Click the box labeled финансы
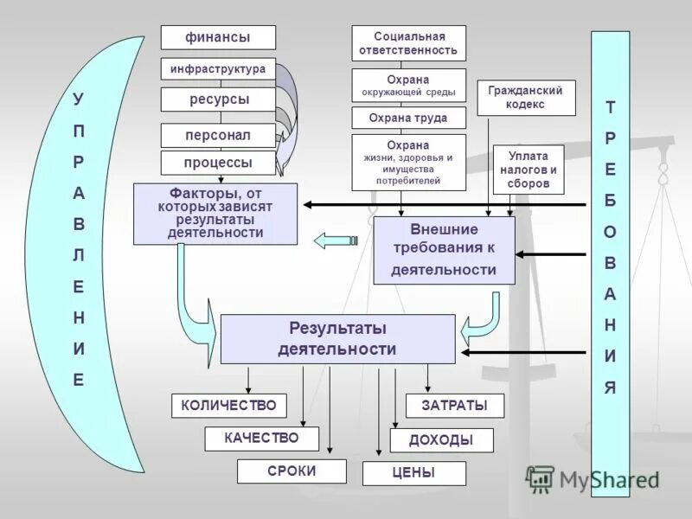(218, 37)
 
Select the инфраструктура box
(218, 68)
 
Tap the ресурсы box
(218, 99)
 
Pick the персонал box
(218, 136)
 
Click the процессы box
(218, 163)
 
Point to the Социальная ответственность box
(408, 43)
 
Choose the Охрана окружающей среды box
(408, 86)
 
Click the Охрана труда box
(408, 118)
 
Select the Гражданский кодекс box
(525, 97)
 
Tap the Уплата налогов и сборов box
(528, 170)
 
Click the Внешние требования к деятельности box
(444, 250)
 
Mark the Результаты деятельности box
(337, 339)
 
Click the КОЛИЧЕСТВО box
(228, 405)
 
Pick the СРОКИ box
(292, 471)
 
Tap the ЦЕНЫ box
(413, 473)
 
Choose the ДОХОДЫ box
(441, 440)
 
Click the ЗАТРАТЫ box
(453, 406)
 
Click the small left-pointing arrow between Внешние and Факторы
(335, 240)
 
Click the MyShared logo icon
(540, 478)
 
